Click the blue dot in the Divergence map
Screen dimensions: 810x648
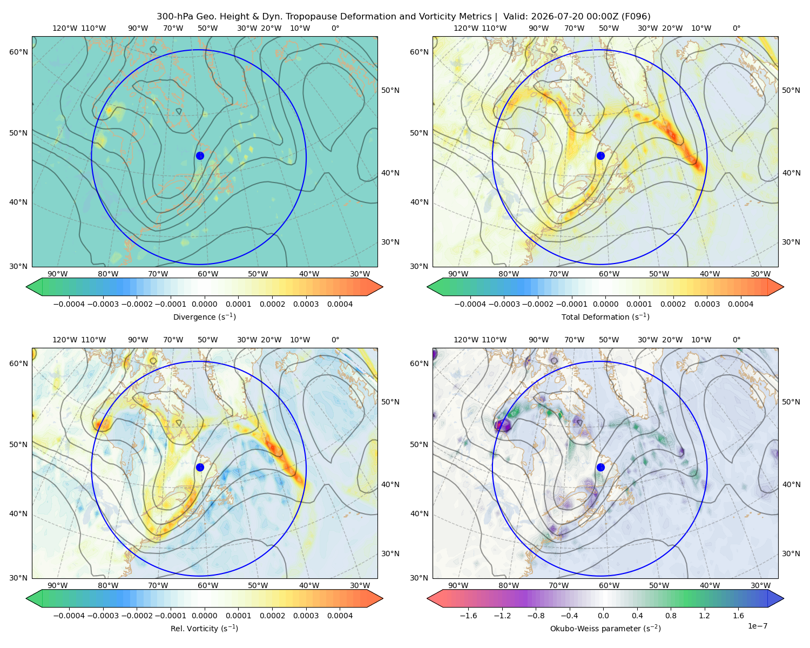click(200, 156)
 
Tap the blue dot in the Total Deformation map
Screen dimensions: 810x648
click(600, 156)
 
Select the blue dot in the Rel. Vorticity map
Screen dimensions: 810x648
click(200, 467)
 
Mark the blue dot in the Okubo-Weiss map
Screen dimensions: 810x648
click(600, 467)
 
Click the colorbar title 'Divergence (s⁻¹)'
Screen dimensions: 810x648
click(204, 317)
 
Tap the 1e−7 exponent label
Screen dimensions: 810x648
click(757, 626)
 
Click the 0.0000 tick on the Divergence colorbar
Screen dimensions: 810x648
click(204, 304)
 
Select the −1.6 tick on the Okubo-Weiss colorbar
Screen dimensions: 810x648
click(468, 616)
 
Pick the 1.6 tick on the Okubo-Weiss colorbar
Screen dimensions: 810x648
click(739, 616)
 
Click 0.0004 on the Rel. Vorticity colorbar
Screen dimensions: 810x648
click(340, 616)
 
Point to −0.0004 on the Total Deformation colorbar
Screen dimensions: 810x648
click(470, 304)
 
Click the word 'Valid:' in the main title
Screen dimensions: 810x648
click(516, 17)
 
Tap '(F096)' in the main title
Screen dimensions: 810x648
click(636, 17)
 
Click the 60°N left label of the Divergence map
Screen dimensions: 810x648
click(18, 52)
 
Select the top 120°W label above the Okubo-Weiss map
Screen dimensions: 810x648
click(466, 340)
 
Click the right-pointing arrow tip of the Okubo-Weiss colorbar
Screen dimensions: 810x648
click(784, 598)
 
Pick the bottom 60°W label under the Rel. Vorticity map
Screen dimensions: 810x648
click(208, 585)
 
